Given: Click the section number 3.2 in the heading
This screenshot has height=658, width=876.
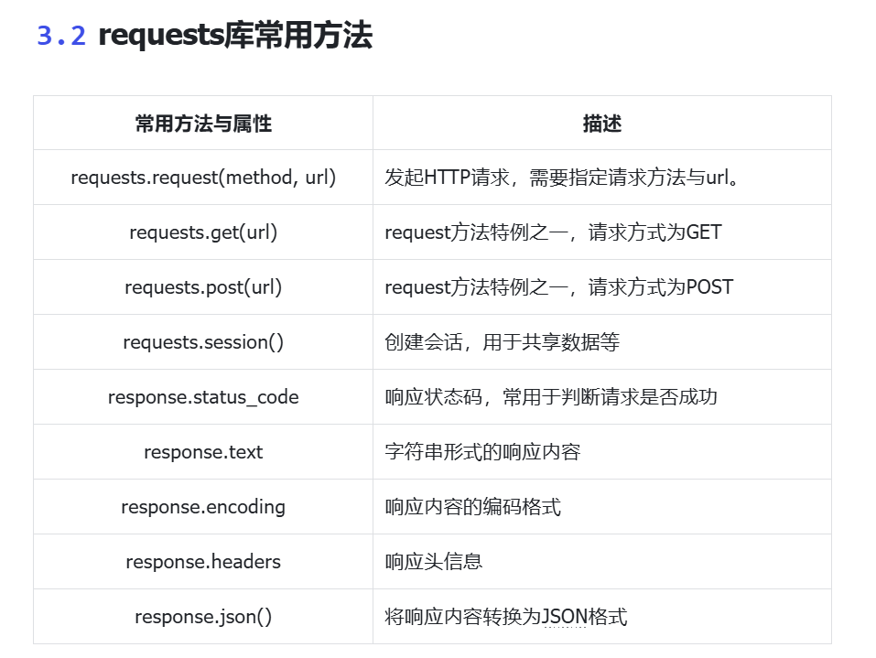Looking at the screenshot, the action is tap(61, 35).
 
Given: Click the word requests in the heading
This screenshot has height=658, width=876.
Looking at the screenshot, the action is tap(161, 37).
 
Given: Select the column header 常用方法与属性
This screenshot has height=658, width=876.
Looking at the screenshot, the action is tap(203, 124).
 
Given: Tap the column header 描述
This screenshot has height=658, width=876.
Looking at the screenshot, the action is tap(602, 124).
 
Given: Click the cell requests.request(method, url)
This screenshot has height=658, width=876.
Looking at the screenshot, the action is tap(203, 178).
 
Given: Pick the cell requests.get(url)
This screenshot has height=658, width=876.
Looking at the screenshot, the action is tap(203, 232).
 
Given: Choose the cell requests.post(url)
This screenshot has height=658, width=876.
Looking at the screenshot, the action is tap(203, 287).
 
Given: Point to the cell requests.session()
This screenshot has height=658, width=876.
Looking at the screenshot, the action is tap(203, 342).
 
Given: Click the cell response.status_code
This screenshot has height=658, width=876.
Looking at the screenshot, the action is tap(203, 397).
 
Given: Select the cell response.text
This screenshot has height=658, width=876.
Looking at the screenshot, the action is tap(203, 452).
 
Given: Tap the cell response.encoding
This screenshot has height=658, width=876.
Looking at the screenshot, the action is tap(203, 507).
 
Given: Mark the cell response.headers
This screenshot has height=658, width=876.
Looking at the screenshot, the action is tap(203, 562).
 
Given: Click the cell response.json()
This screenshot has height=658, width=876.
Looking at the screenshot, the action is tap(203, 617).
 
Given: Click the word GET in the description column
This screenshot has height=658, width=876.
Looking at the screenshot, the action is tap(704, 232).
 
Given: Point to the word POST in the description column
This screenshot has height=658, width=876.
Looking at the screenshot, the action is tap(709, 287).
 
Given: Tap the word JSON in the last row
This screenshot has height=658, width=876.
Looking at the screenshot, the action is tap(565, 617).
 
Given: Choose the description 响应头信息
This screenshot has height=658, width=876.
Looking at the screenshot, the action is tap(434, 562).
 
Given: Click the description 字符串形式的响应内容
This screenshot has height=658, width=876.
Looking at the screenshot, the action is tap(482, 452).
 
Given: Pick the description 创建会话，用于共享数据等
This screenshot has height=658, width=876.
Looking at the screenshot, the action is tap(503, 342).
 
